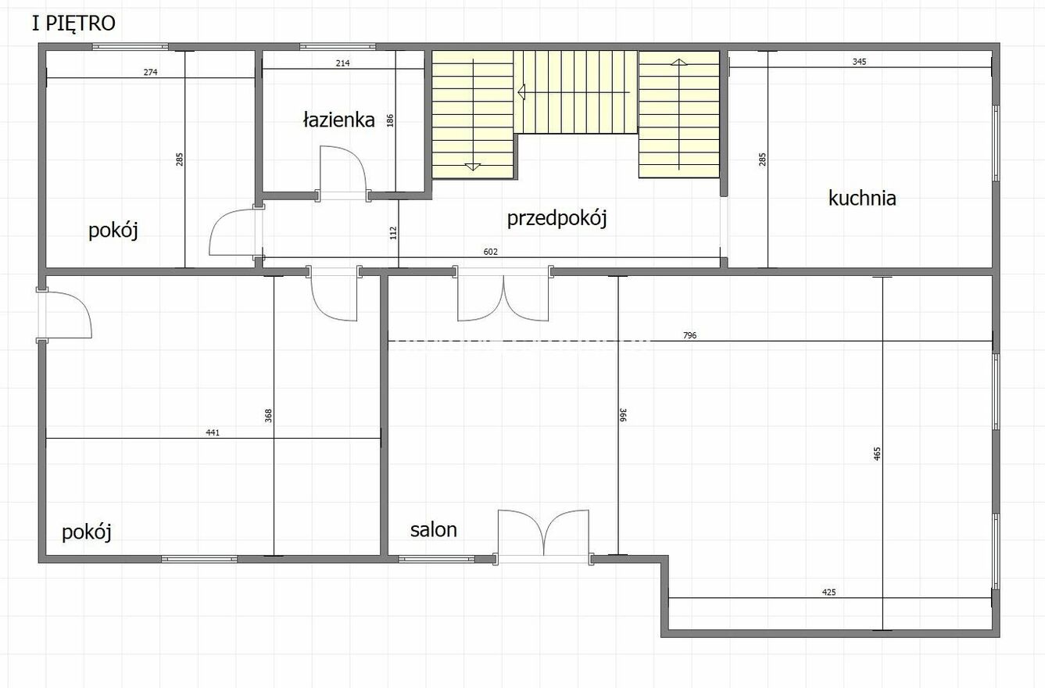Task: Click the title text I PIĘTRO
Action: (x=73, y=23)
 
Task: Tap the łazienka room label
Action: (x=338, y=120)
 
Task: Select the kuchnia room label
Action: (x=862, y=198)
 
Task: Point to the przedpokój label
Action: (x=557, y=218)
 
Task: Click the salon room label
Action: (x=433, y=530)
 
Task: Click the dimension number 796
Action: (x=689, y=335)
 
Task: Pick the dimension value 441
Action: (x=213, y=432)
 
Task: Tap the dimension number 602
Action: (x=490, y=252)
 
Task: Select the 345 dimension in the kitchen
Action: (x=859, y=62)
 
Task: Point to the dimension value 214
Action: (x=342, y=63)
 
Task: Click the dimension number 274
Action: (x=150, y=73)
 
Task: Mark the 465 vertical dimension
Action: (x=877, y=453)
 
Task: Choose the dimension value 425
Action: (x=828, y=593)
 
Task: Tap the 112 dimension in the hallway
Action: (x=393, y=233)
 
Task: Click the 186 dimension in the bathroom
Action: (x=390, y=120)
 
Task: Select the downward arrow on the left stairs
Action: (x=473, y=114)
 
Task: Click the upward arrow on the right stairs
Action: (x=678, y=114)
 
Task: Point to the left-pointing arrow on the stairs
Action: (x=574, y=92)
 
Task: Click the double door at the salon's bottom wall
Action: (x=543, y=536)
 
